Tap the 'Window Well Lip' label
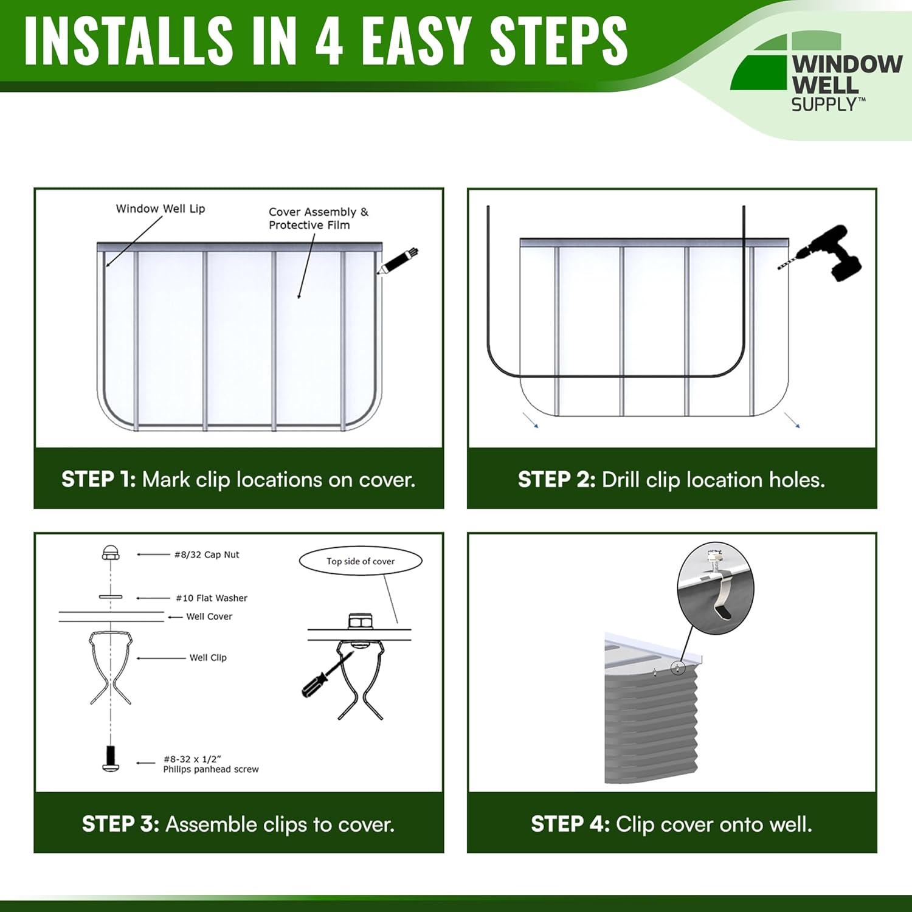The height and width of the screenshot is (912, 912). pyautogui.click(x=161, y=209)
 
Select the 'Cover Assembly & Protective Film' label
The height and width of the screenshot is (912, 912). pyautogui.click(x=318, y=218)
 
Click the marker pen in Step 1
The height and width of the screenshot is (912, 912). pyautogui.click(x=398, y=260)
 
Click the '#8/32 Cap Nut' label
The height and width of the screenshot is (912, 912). pyautogui.click(x=207, y=554)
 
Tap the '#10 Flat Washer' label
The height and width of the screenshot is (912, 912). pyautogui.click(x=212, y=598)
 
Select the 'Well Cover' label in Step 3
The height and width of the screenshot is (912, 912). pyautogui.click(x=209, y=617)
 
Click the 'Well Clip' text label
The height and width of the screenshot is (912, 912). pyautogui.click(x=208, y=658)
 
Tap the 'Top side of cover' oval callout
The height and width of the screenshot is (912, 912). pyautogui.click(x=361, y=561)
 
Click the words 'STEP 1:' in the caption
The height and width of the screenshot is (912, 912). pyautogui.click(x=98, y=480)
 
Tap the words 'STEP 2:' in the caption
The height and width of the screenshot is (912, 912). pyautogui.click(x=556, y=480)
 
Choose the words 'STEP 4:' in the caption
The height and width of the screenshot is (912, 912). pyautogui.click(x=570, y=824)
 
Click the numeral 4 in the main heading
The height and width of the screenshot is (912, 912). pyautogui.click(x=329, y=41)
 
